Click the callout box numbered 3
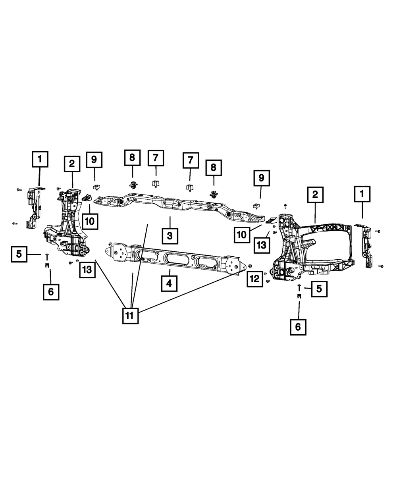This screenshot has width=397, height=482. [170, 235]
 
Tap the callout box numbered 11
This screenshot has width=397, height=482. [130, 316]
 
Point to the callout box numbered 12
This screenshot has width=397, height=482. [254, 279]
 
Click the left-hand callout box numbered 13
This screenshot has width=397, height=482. [87, 270]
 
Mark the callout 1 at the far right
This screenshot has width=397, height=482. [362, 194]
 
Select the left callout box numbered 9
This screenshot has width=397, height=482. [94, 160]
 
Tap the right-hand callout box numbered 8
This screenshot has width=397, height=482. [214, 168]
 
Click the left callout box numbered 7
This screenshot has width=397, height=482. [155, 159]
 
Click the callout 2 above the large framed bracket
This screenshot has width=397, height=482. [315, 195]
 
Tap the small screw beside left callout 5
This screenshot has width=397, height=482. [47, 254]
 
